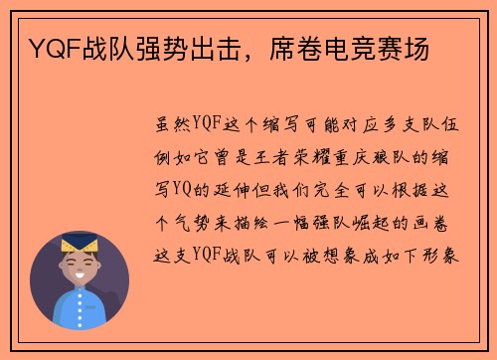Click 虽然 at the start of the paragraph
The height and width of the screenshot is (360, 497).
click(166, 126)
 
